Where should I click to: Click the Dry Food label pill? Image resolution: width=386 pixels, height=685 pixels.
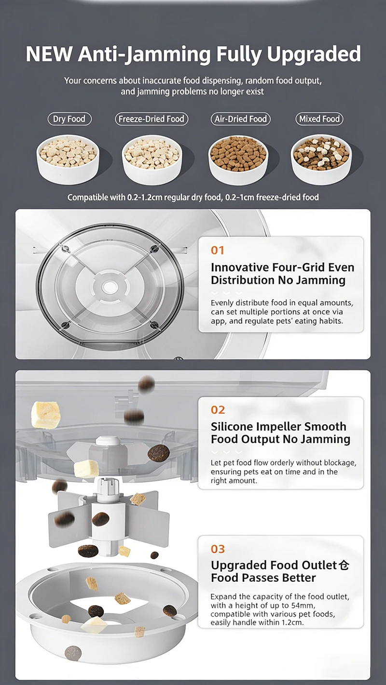(69, 119)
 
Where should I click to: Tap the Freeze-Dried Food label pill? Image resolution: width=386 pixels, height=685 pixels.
(152, 119)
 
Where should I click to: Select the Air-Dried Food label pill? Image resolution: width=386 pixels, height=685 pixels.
(240, 119)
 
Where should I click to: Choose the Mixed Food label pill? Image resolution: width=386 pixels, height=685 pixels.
(319, 119)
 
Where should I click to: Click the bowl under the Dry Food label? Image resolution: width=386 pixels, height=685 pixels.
(68, 159)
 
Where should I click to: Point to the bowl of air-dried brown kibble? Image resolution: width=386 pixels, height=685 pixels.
(238, 160)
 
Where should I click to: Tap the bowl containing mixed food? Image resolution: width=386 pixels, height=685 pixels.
(321, 159)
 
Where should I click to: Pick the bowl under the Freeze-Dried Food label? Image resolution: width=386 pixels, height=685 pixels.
(152, 160)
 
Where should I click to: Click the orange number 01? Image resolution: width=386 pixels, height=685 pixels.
(218, 250)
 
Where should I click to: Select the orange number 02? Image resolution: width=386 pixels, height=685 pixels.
(218, 410)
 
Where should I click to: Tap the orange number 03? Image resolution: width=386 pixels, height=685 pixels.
(218, 549)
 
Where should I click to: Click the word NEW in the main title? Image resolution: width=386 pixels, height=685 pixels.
(49, 54)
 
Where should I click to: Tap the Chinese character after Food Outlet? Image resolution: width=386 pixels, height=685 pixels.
(344, 565)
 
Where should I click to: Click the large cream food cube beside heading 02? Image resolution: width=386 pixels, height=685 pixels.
(46, 415)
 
